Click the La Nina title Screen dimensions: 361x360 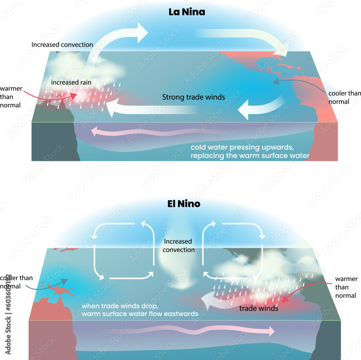tap(187, 12)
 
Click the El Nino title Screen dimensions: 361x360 tap(184, 204)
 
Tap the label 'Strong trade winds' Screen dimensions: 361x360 tap(193, 97)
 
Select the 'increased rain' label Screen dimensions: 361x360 tap(71, 82)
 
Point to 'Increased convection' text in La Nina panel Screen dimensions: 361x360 tap(62, 45)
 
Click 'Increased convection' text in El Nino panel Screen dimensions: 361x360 tap(178, 245)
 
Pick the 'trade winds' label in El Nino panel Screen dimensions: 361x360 tap(259, 309)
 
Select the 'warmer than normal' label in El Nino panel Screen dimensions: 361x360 tap(346, 287)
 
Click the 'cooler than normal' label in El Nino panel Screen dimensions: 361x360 tap(16, 282)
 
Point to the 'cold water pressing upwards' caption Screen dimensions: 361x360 tap(250, 151)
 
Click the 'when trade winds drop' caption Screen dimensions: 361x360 tap(140, 310)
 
